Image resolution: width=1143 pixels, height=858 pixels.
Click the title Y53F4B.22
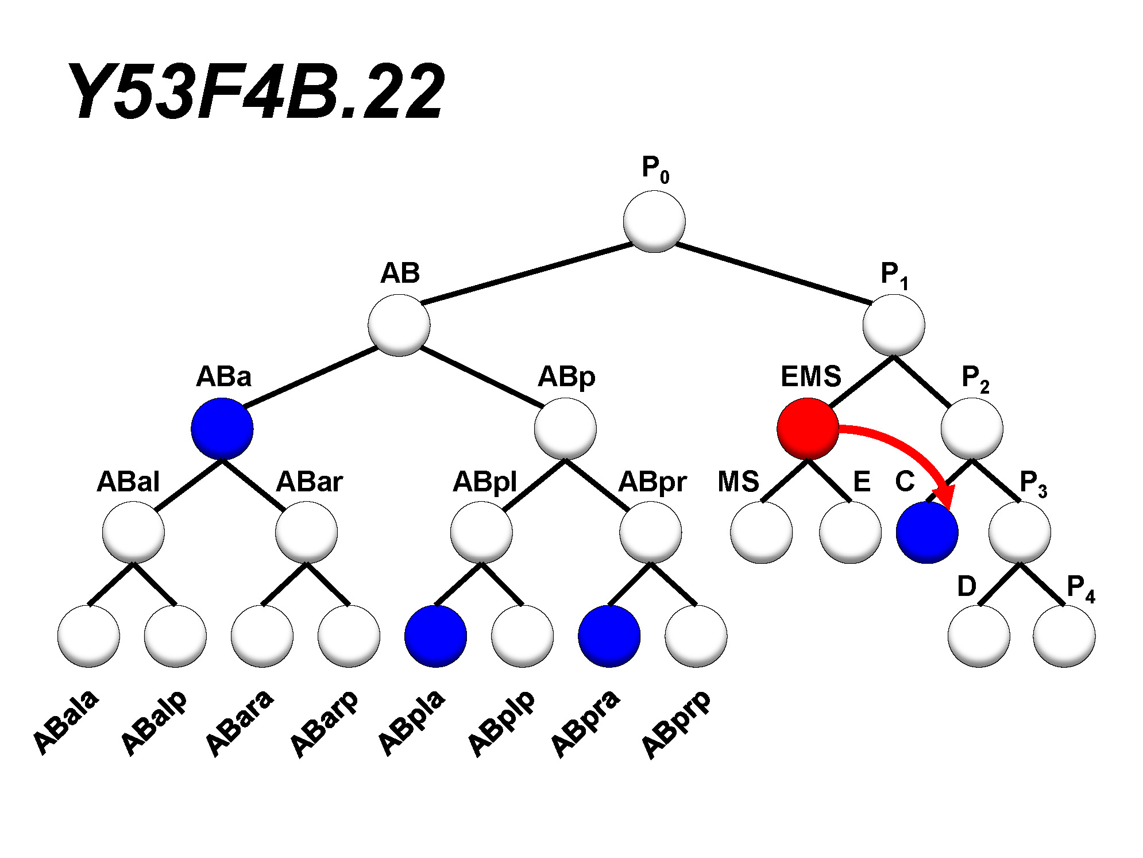[x=256, y=92]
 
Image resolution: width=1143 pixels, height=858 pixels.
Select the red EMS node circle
[x=808, y=429]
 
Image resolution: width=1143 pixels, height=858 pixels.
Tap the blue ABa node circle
[x=222, y=429]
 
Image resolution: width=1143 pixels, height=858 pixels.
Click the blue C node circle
[x=927, y=533]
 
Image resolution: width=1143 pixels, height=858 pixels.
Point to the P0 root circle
[x=654, y=221]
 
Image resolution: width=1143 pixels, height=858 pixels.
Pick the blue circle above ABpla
[x=435, y=636]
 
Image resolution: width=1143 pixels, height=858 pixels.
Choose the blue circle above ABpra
[x=609, y=636]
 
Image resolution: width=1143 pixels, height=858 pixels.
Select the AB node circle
[x=399, y=325]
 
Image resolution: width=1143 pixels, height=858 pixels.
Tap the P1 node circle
[x=893, y=325]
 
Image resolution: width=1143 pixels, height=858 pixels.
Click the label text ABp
[x=566, y=378]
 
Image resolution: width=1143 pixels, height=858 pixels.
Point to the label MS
[x=738, y=482]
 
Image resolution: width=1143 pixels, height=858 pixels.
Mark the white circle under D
[x=979, y=636]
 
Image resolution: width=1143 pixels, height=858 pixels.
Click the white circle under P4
[x=1064, y=636]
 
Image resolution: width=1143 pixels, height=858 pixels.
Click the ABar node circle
[x=306, y=533]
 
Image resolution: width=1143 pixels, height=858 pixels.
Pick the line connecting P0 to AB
[x=527, y=274]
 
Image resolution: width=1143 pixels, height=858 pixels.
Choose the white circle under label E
[x=850, y=533]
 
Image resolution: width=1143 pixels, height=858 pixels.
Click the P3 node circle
[x=1020, y=533]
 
